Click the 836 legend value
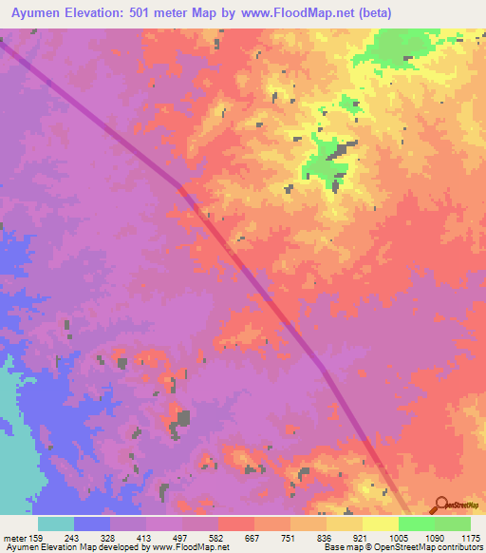pos(325,538)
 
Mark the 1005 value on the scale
pos(397,538)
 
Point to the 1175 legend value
pos(469,538)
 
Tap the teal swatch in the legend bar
pos(56,524)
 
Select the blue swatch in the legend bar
pos(92,524)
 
